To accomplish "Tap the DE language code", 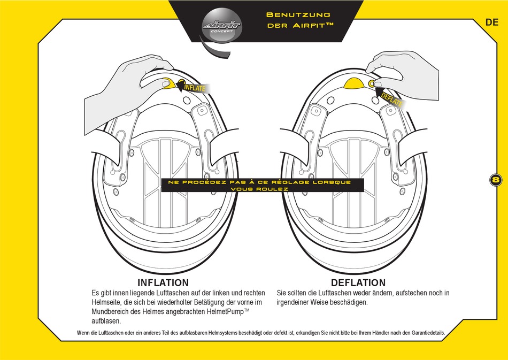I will click(492, 22).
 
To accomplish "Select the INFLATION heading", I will click(163, 282).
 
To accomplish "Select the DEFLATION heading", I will click(358, 282).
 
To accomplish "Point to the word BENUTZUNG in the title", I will click(298, 14).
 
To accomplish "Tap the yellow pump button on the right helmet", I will click(353, 82).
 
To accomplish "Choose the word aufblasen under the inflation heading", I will click(106, 321).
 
